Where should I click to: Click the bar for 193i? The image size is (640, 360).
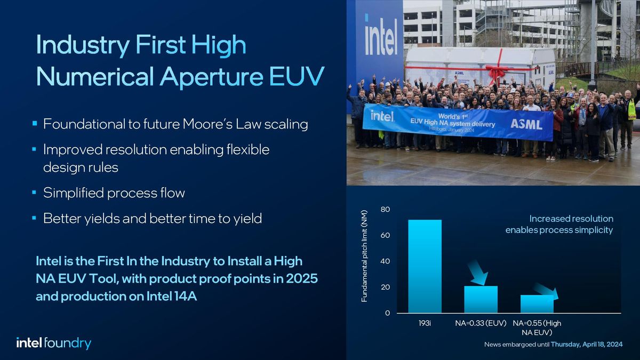click(425, 266)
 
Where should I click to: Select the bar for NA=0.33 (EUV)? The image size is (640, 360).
click(481, 299)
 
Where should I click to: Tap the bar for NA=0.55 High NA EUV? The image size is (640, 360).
click(537, 303)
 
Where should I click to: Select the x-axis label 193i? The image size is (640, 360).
click(425, 323)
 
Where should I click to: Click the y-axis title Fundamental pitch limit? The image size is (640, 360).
click(365, 262)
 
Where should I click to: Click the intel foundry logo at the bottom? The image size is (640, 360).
click(53, 343)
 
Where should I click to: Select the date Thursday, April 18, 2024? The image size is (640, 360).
click(586, 345)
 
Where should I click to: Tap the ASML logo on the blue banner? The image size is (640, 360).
click(526, 124)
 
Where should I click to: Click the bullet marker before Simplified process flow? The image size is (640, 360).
click(34, 193)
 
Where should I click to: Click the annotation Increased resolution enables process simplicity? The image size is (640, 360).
click(559, 225)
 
